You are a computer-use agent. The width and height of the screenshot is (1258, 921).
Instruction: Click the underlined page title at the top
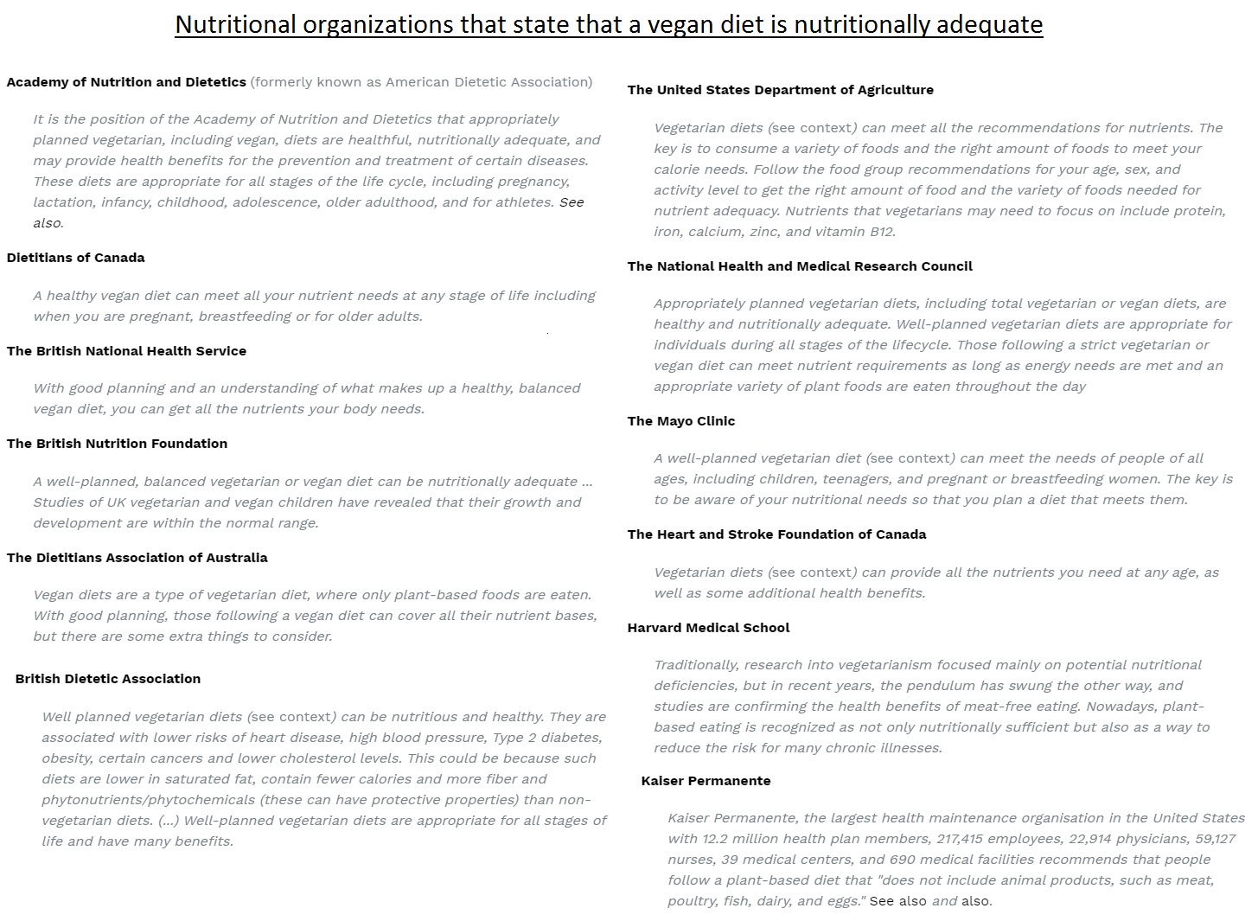(x=609, y=24)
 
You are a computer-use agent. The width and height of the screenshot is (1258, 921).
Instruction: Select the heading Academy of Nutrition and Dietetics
(x=126, y=82)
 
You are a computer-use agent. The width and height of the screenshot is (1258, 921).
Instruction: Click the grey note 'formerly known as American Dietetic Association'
(x=421, y=82)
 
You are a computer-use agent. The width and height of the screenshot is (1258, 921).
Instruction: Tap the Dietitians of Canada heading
(x=76, y=258)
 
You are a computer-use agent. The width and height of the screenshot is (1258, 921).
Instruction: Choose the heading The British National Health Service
(x=126, y=351)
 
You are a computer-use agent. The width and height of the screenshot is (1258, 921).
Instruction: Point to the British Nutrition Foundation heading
(x=117, y=444)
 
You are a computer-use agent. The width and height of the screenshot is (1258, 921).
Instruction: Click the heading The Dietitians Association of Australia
(x=137, y=558)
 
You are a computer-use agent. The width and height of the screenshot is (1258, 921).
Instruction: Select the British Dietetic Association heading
(x=108, y=679)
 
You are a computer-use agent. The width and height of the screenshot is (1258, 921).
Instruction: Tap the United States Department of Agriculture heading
(x=781, y=90)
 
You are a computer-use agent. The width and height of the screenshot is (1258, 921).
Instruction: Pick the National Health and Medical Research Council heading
(x=800, y=266)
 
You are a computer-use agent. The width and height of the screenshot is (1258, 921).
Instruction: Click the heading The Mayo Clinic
(x=681, y=421)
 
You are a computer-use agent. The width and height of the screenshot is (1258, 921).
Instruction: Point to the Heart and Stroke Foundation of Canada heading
(x=776, y=534)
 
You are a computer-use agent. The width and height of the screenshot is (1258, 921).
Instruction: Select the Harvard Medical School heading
(x=708, y=628)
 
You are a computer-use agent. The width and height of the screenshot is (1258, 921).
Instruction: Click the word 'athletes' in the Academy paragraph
(x=526, y=202)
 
